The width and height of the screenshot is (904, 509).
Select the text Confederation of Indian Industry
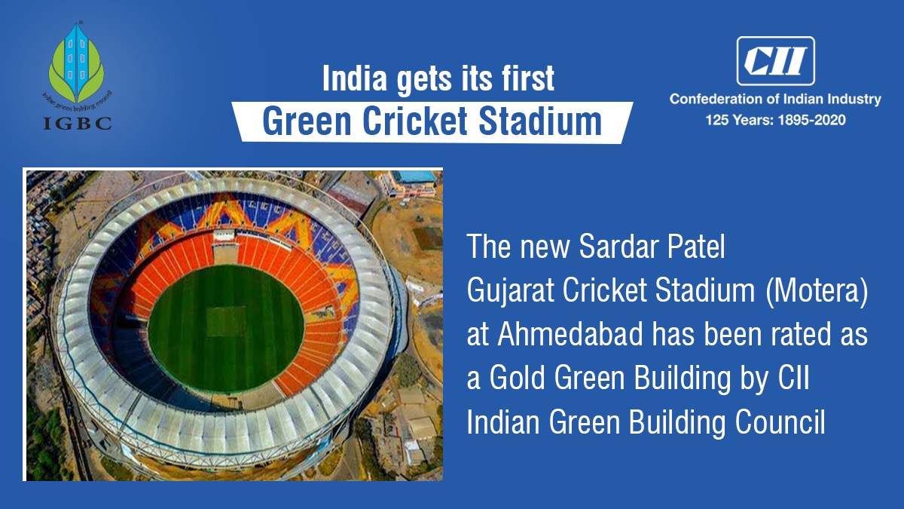(x=775, y=99)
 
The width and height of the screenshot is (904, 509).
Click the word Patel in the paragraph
(x=694, y=248)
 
